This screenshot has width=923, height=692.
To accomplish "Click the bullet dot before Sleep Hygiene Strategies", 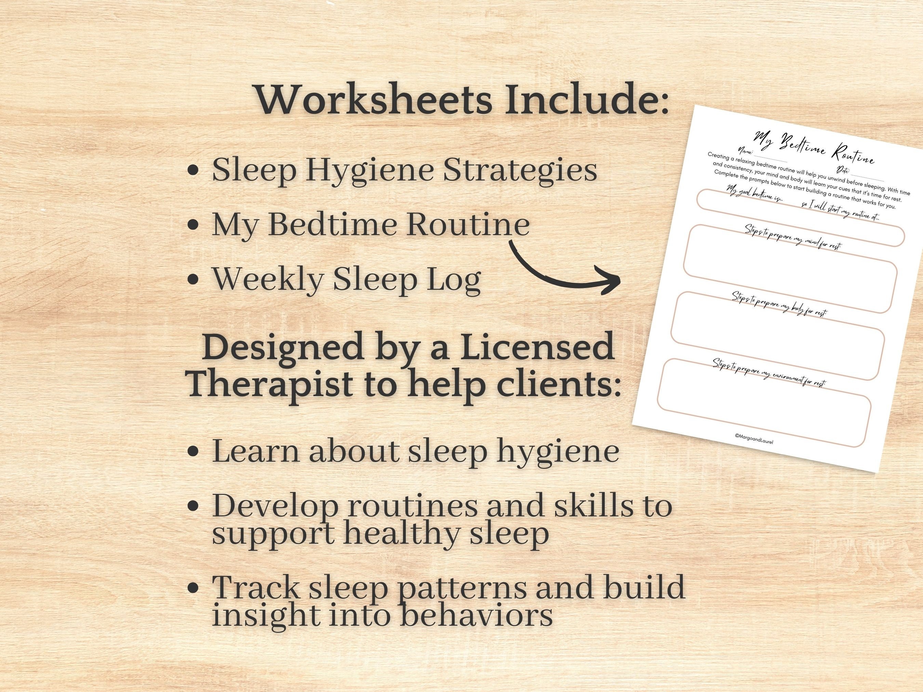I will (193, 171).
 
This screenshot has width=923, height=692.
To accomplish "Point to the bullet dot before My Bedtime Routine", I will (193, 225).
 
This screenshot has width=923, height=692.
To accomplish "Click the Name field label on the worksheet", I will (745, 152).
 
